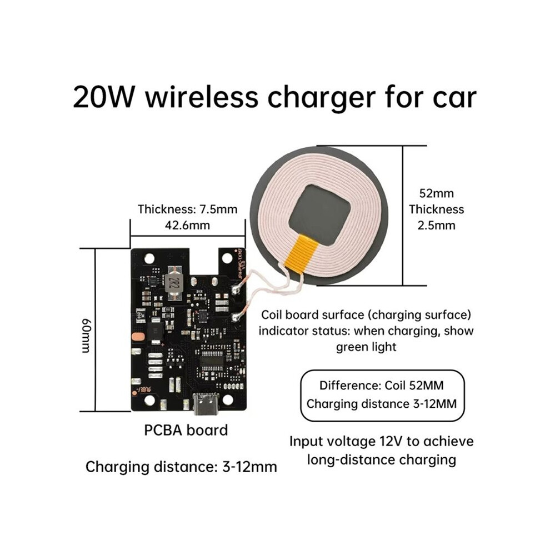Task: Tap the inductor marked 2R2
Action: pyautogui.click(x=172, y=283)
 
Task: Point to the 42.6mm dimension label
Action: pyautogui.click(x=187, y=225)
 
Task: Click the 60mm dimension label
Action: pyautogui.click(x=86, y=336)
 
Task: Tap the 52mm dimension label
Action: pyautogui.click(x=436, y=193)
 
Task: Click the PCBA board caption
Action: pyautogui.click(x=186, y=431)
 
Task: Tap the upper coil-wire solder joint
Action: pyautogui.click(x=236, y=289)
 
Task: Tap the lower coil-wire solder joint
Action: pyautogui.click(x=236, y=317)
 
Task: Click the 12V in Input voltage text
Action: pyautogui.click(x=391, y=441)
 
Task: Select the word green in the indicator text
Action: pyautogui.click(x=352, y=347)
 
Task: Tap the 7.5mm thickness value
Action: pyautogui.click(x=218, y=209)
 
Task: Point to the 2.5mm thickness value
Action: pyautogui.click(x=436, y=225)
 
